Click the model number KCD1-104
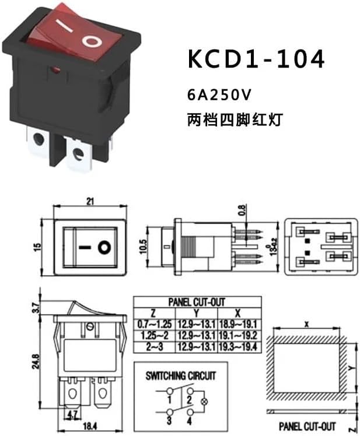click(x=256, y=59)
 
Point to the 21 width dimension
click(x=90, y=202)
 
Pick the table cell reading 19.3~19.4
click(x=238, y=346)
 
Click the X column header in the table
click(x=237, y=313)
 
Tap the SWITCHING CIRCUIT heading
click(x=180, y=375)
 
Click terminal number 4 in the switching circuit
click(x=190, y=419)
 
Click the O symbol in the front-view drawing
click(x=103, y=247)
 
